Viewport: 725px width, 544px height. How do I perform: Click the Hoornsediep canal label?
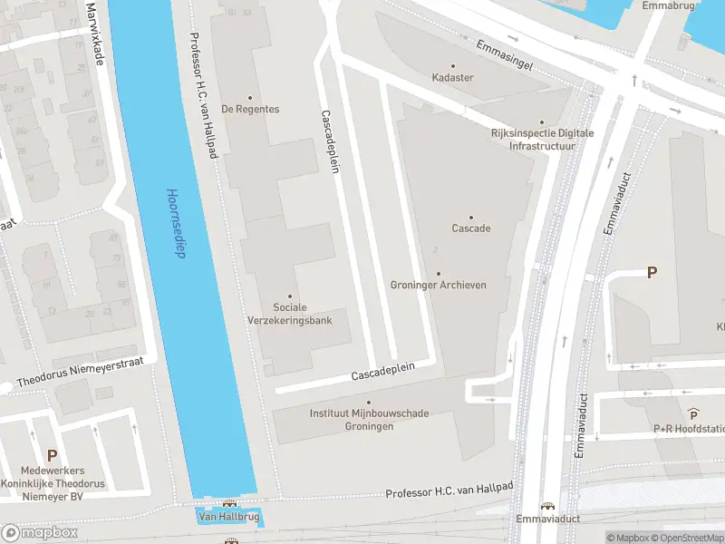[x=175, y=223]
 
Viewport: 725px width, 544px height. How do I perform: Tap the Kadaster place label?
[x=452, y=78]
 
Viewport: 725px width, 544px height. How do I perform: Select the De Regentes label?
[x=250, y=109]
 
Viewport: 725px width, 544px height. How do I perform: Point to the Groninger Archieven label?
[x=439, y=285]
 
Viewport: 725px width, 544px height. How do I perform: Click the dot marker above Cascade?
[x=470, y=217]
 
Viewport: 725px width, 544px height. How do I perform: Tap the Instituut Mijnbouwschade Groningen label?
[x=369, y=420]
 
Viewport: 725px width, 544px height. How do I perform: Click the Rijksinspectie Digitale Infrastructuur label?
[x=542, y=139]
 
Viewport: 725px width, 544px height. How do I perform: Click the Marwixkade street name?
[x=92, y=34]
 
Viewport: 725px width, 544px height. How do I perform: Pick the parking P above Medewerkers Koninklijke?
[x=52, y=455]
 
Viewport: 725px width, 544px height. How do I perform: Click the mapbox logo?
[x=39, y=532]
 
